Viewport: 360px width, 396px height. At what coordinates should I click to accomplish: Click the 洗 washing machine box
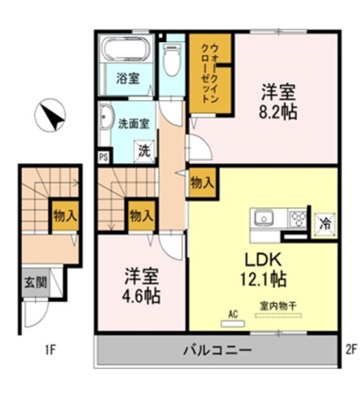pyautogui.click(x=145, y=150)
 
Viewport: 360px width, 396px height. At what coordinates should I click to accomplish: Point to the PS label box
pyautogui.click(x=103, y=157)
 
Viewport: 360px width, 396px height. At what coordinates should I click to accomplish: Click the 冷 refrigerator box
pyautogui.click(x=324, y=224)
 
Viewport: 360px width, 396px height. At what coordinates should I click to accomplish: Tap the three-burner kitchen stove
pyautogui.click(x=298, y=218)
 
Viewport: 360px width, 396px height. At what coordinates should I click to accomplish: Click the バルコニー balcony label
pyautogui.click(x=217, y=350)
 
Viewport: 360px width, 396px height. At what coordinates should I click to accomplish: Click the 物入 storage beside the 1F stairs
pyautogui.click(x=64, y=216)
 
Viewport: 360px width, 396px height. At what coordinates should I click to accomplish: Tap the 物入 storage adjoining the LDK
pyautogui.click(x=202, y=183)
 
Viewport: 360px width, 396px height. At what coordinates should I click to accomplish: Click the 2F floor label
pyautogui.click(x=350, y=350)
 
